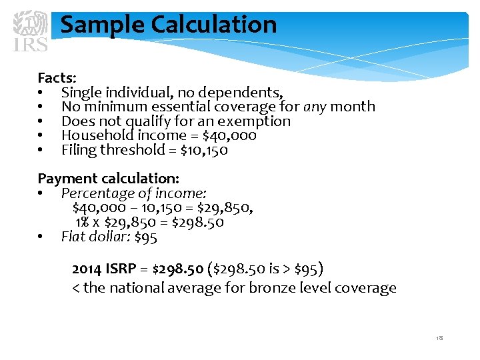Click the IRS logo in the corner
pyautogui.click(x=31, y=30)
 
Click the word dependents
pyautogui.click(x=243, y=92)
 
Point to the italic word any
pyautogui.click(x=315, y=107)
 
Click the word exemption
pyautogui.click(x=257, y=121)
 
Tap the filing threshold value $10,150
pyautogui.click(x=204, y=150)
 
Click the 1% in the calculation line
pyautogui.click(x=83, y=223)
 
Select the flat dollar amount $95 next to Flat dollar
pyautogui.click(x=145, y=237)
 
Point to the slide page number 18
pyautogui.click(x=439, y=339)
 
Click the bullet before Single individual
pyautogui.click(x=41, y=92)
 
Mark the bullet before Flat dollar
pyautogui.click(x=41, y=237)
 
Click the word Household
pyautogui.click(x=93, y=135)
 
